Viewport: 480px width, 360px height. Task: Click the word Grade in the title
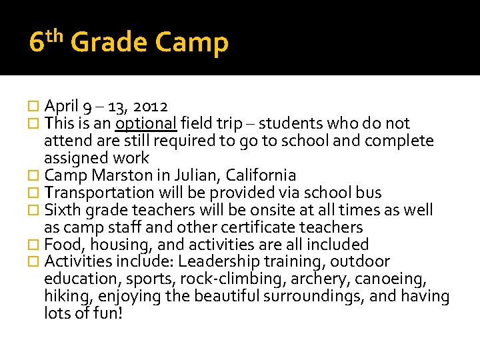click(x=108, y=43)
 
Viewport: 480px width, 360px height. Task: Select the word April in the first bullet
click(x=62, y=106)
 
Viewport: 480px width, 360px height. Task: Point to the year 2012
click(x=151, y=106)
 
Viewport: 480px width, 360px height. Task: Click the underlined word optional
click(x=145, y=123)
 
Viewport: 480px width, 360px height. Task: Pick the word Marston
click(x=116, y=175)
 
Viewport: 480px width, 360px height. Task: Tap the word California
click(x=261, y=175)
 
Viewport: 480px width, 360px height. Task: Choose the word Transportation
click(x=99, y=193)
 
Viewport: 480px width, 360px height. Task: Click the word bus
click(x=369, y=193)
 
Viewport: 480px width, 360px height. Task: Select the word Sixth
click(x=61, y=210)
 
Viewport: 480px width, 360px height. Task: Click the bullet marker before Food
click(x=35, y=245)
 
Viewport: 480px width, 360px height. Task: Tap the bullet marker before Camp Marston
click(x=35, y=176)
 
